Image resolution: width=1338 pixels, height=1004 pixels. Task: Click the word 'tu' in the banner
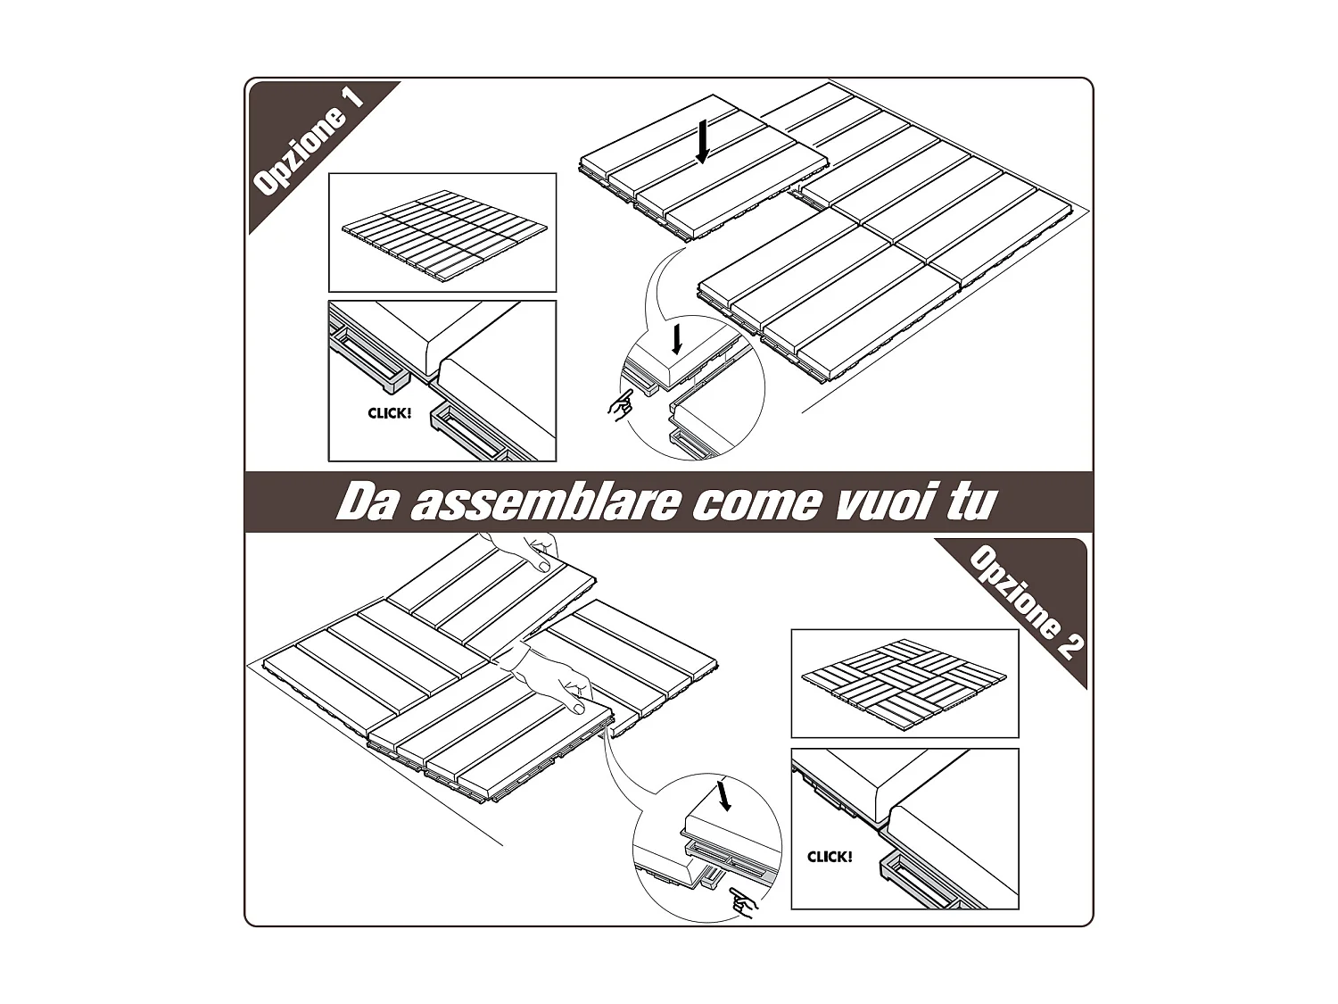pyautogui.click(x=967, y=502)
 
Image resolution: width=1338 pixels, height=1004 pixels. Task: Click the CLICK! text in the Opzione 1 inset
pyautogui.click(x=390, y=413)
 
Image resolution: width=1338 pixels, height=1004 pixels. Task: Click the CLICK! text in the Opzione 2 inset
pyautogui.click(x=830, y=857)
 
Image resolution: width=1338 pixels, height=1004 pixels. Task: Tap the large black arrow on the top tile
pyautogui.click(x=704, y=142)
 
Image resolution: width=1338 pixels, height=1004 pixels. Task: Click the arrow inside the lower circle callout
pyautogui.click(x=723, y=794)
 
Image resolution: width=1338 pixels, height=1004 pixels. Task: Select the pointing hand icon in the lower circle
pyautogui.click(x=741, y=903)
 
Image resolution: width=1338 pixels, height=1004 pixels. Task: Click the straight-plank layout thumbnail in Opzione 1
pyautogui.click(x=442, y=233)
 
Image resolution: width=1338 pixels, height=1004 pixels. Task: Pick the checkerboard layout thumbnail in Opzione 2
pyautogui.click(x=904, y=683)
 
